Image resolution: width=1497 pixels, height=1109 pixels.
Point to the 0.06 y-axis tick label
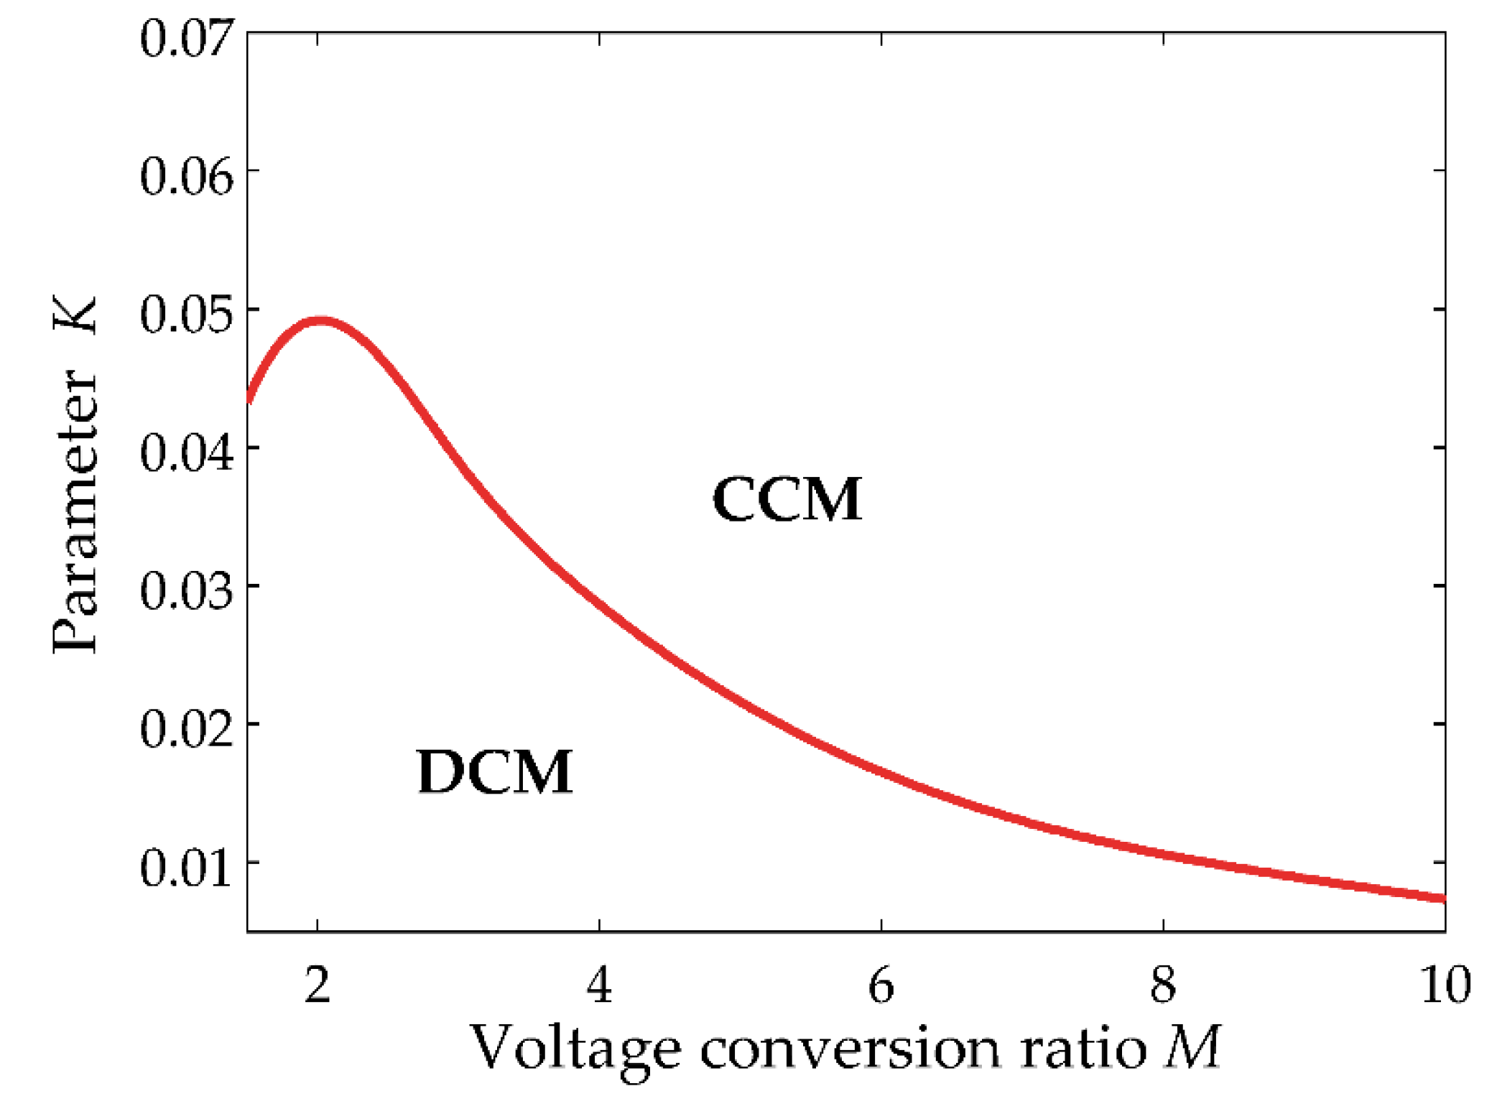pyautogui.click(x=187, y=176)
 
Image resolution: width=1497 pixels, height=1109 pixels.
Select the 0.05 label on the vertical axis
pyautogui.click(x=187, y=315)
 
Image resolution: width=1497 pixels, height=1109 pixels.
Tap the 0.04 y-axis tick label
pyautogui.click(x=187, y=453)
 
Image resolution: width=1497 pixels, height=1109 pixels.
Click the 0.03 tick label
pyautogui.click(x=187, y=591)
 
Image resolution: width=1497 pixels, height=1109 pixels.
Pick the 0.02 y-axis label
pyautogui.click(x=187, y=729)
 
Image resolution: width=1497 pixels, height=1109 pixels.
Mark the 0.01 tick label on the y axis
pyautogui.click(x=187, y=868)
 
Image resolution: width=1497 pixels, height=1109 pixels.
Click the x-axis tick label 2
pyautogui.click(x=317, y=985)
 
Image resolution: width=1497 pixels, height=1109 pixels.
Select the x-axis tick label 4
pyautogui.click(x=599, y=985)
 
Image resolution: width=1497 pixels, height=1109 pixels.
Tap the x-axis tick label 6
pyautogui.click(x=881, y=985)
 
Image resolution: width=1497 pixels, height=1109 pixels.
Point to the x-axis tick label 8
pyautogui.click(x=1163, y=985)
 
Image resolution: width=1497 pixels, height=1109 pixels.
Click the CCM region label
pyautogui.click(x=787, y=499)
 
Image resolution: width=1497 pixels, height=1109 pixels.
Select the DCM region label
pyautogui.click(x=494, y=772)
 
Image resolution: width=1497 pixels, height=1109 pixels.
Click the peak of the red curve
pyautogui.click(x=320, y=320)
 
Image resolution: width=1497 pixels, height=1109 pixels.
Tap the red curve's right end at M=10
pyautogui.click(x=1442, y=899)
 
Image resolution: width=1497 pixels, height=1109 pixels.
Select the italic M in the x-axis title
pyautogui.click(x=1192, y=1048)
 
